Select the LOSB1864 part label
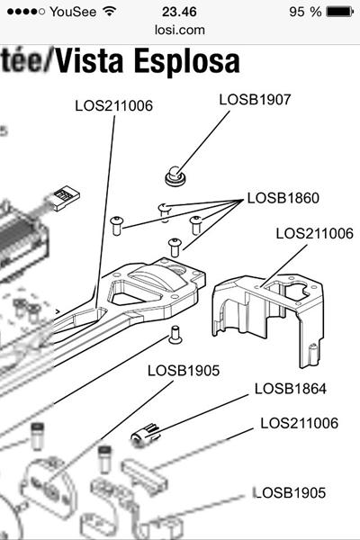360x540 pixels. coord(290,389)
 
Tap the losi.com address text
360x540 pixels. coord(179,30)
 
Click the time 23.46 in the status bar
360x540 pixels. coord(180,12)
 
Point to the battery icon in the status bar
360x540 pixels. coord(340,12)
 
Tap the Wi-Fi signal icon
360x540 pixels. coord(110,12)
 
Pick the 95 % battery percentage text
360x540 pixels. coord(303,12)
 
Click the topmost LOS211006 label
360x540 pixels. coord(113,106)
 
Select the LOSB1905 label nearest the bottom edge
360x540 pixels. coord(290,492)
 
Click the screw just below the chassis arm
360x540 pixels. coord(176,334)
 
